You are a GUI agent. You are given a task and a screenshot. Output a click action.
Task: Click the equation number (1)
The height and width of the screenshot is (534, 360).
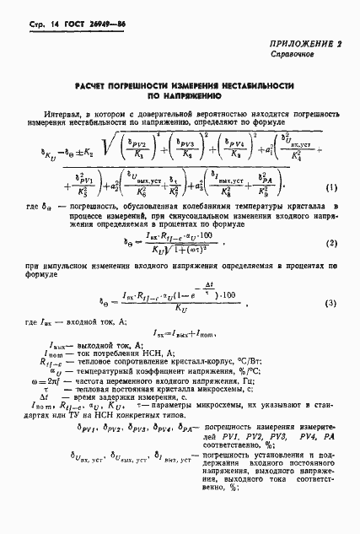[331, 210]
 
